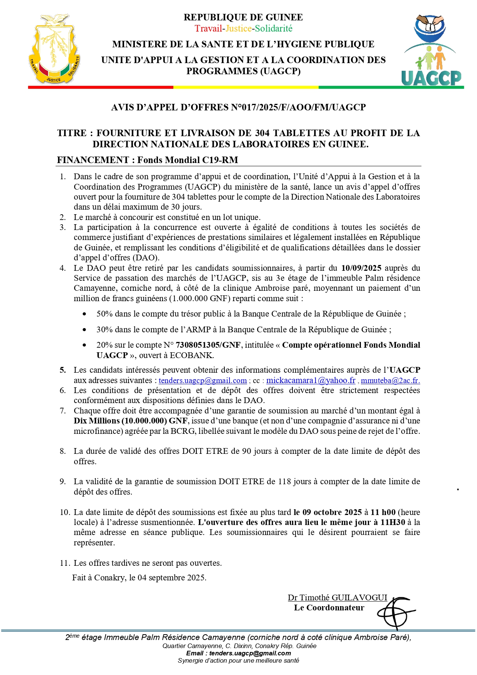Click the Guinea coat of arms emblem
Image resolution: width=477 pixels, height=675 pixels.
click(x=54, y=49)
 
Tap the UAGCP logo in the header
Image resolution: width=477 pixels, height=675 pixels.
click(x=432, y=50)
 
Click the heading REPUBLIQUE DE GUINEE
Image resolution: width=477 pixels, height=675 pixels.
click(x=243, y=17)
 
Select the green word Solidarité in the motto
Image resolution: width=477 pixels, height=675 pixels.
click(x=274, y=28)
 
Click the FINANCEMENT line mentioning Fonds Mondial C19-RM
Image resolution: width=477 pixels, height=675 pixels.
click(x=148, y=160)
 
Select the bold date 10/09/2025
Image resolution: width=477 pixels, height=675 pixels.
click(x=361, y=268)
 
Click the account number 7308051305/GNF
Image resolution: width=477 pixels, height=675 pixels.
click(x=208, y=345)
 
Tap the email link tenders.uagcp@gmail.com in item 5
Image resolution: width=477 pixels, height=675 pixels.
click(x=203, y=380)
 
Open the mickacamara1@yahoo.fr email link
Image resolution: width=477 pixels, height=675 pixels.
click(x=311, y=380)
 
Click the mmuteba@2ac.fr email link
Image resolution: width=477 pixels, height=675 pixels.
click(x=390, y=380)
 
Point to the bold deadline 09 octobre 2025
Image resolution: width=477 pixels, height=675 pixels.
click(x=332, y=512)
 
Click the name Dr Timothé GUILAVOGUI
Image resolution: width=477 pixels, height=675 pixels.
click(x=337, y=598)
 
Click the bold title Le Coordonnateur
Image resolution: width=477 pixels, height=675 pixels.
click(x=329, y=608)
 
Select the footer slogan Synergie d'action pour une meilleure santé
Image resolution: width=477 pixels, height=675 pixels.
click(x=238, y=660)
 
